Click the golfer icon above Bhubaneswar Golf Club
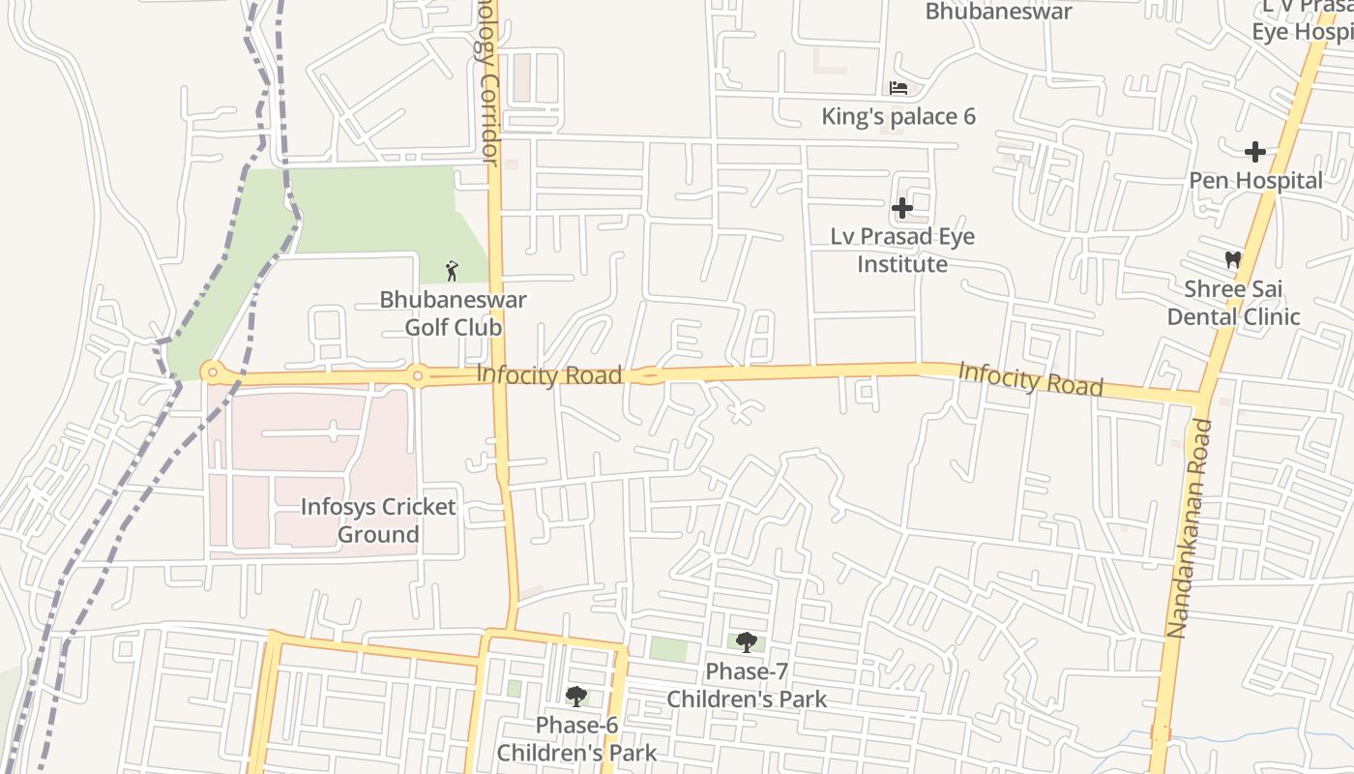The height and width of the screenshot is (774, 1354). coord(452,271)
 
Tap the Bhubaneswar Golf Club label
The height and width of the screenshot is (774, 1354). coord(453,313)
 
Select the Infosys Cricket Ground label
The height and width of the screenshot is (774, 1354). coord(377,521)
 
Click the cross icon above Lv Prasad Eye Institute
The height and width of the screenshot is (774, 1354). coord(901,208)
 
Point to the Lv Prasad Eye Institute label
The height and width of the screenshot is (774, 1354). coord(902,251)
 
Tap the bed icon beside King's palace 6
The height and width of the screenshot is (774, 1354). coord(898,88)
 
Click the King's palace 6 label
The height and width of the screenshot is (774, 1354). coord(898,117)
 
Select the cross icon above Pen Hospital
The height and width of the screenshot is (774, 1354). coord(1254,152)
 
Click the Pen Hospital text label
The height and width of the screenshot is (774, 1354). coord(1255,181)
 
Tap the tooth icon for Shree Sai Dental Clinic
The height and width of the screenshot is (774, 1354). coord(1232,259)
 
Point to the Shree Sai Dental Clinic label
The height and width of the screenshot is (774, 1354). coord(1233,303)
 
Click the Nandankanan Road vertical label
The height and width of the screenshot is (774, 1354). coord(1188,527)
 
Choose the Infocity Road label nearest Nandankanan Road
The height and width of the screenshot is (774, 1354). coord(1030,378)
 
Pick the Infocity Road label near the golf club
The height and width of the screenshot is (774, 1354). coord(548,374)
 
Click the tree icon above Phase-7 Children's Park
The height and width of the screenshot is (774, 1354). coord(746,641)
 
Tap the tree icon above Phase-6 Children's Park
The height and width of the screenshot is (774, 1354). coord(576,696)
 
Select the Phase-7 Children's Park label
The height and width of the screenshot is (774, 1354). coord(747,685)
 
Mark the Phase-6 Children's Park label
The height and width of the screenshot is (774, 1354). coord(576,739)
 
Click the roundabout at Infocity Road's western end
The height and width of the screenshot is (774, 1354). coord(212,372)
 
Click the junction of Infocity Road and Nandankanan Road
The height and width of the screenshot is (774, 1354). coord(1200,397)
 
